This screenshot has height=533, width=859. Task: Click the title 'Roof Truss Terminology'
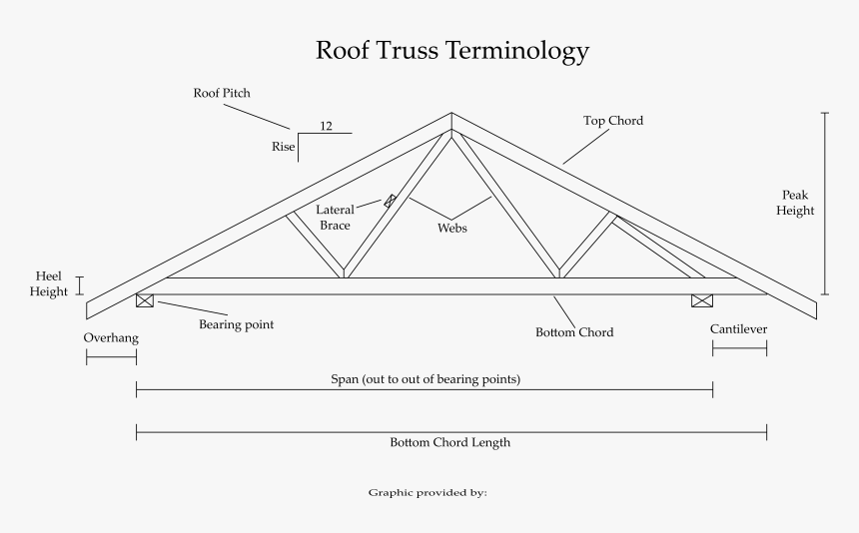(452, 50)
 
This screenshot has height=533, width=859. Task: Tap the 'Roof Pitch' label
(222, 93)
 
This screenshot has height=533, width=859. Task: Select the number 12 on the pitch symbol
(327, 126)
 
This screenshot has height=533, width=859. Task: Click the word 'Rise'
(283, 147)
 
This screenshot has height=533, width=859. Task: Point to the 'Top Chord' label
(613, 121)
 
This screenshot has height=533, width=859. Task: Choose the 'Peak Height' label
(797, 203)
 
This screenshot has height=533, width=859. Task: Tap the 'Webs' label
(452, 228)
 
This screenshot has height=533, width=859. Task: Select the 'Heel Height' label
(49, 283)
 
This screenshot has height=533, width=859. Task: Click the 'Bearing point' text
(236, 324)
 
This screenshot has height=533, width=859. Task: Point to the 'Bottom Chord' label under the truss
(574, 332)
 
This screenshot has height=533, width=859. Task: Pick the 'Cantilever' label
(738, 328)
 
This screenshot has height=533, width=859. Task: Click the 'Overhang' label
(110, 337)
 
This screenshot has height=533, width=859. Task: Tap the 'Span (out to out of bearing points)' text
(425, 379)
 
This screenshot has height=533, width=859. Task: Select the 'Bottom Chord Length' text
(449, 442)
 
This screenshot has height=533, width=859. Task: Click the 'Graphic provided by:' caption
(428, 492)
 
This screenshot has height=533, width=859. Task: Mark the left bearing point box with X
(145, 300)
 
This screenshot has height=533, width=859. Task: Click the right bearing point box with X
(702, 300)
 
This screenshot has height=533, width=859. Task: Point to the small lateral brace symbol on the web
(390, 201)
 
